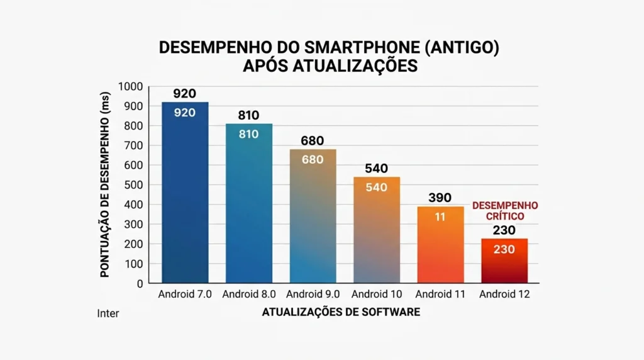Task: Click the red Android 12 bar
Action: click(504, 261)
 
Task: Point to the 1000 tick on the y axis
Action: click(133, 87)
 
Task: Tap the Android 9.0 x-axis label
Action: click(313, 294)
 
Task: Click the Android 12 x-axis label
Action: click(504, 294)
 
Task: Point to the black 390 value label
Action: click(440, 198)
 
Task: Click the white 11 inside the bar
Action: click(440, 217)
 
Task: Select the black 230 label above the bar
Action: click(504, 230)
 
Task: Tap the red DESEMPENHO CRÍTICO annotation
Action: click(505, 211)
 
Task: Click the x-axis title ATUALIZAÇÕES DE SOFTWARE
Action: click(341, 312)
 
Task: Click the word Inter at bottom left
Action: click(108, 313)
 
